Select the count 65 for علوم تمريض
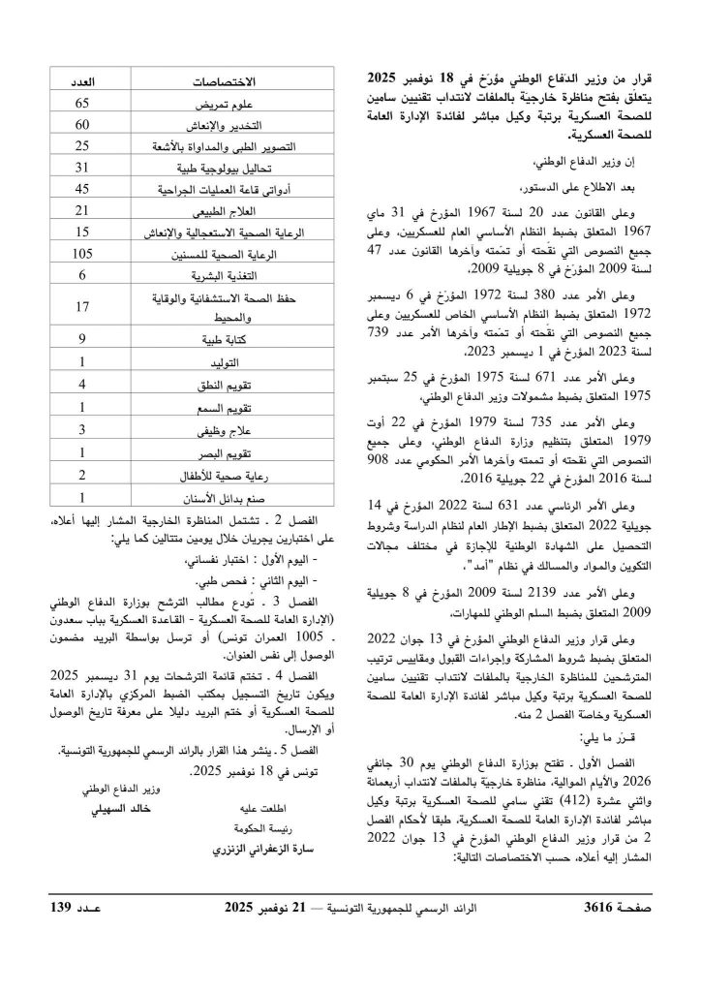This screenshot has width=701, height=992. pyautogui.click(x=82, y=104)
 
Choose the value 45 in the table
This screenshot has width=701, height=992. pyautogui.click(x=82, y=189)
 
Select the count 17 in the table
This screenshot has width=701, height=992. pyautogui.click(x=82, y=307)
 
